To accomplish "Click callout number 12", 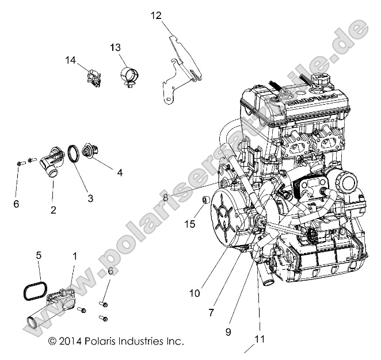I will pos(156,16).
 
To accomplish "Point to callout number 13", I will pos(115,47).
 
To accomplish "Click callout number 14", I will pos(70,60).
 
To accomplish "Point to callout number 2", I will pos(53,210).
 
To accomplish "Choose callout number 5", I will pos(39,254).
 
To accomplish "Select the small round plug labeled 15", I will pos(204,200).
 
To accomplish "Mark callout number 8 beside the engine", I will pos(166,197).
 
